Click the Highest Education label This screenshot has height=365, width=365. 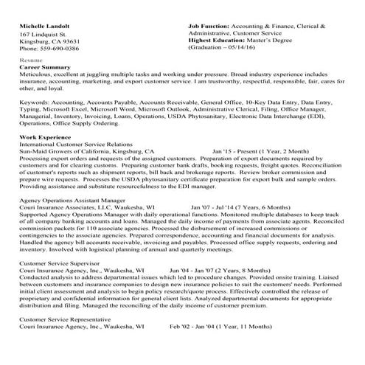(220, 41)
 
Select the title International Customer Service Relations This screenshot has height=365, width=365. (76, 144)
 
